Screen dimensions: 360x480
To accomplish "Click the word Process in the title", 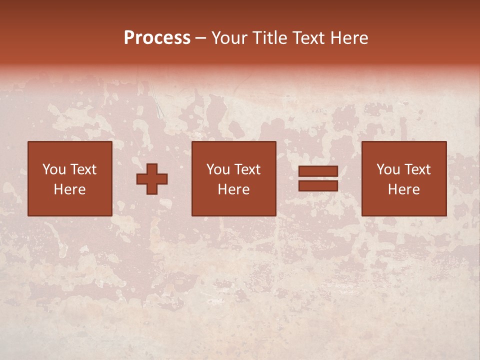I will coord(157,38).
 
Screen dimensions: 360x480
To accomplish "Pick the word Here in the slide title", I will coord(350,38).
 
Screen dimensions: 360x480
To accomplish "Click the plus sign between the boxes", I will coord(152,178).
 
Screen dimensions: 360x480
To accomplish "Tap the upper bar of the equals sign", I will coord(318,171).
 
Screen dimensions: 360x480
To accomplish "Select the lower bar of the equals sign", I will coord(318,185).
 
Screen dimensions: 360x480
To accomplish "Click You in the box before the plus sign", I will coord(54,169).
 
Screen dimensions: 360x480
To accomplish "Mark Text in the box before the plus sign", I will coord(83,169).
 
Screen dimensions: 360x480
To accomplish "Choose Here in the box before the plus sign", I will coord(69,189).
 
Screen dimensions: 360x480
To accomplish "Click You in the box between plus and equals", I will coord(218,169).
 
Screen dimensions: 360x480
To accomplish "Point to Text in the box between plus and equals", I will coord(247,169).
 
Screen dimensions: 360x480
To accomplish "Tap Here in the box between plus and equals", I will coord(233,189).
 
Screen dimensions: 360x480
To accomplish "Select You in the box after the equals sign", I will coord(388,169).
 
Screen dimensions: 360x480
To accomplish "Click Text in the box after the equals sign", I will coord(417,169).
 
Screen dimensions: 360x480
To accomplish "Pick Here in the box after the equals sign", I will coord(403,189).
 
